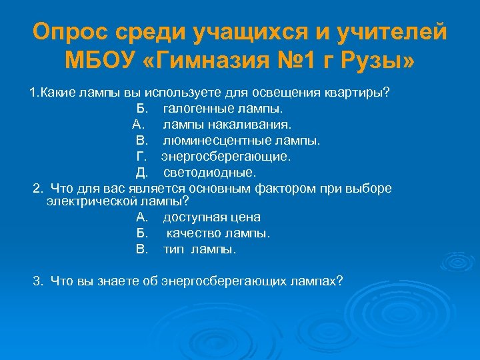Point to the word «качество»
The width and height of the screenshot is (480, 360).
(192, 233)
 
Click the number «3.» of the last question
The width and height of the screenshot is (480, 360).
(38, 281)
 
